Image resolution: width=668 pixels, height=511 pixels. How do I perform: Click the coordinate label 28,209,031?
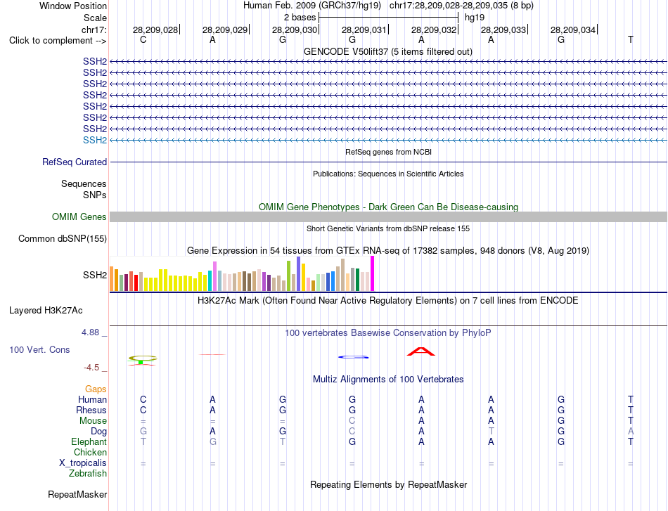pos(364,30)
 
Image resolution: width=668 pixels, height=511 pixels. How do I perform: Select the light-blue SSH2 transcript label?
pos(95,140)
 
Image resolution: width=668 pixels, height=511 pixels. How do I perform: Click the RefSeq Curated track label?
pos(75,162)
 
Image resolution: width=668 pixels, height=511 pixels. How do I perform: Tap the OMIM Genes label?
pos(79,216)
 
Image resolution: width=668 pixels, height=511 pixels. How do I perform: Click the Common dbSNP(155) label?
pos(63,238)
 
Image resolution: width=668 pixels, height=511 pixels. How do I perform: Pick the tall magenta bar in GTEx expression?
pos(373,273)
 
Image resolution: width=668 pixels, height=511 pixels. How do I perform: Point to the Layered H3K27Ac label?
pos(46,311)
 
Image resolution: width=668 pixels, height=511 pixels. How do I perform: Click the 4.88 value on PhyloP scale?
pos(90,332)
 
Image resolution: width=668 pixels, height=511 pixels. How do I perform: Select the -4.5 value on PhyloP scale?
pos(91,368)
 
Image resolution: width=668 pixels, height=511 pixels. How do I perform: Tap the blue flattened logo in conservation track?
pos(353,357)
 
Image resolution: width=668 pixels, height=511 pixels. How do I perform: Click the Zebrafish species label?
pos(88,474)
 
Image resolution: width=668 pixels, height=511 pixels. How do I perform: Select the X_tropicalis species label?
pos(83,463)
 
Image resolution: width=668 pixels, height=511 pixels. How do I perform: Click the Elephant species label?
pos(89,441)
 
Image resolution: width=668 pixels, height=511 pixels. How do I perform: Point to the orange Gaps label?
pos(96,389)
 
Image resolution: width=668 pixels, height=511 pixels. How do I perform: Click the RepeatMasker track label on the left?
pos(77,494)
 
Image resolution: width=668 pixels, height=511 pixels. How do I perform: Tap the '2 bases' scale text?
pos(300,18)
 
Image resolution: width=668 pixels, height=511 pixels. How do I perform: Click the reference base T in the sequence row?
pos(631,39)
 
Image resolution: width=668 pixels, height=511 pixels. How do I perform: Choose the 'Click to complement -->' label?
pos(58,41)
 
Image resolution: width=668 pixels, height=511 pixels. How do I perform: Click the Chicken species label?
pos(90,452)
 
